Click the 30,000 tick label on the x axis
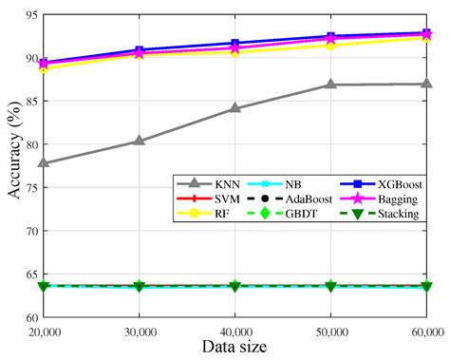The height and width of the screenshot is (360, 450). click(x=139, y=331)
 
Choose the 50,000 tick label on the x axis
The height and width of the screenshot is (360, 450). click(x=330, y=331)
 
